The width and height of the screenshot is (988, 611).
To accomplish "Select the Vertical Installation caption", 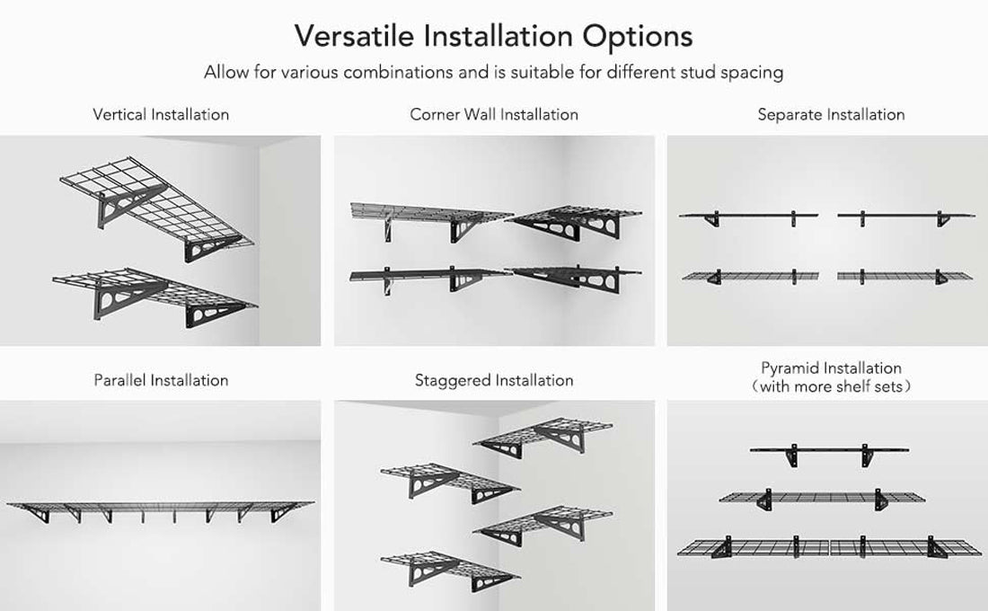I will click(161, 115).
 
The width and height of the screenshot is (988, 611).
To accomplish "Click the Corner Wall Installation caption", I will click(494, 115).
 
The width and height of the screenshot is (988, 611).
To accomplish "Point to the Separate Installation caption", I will click(831, 115).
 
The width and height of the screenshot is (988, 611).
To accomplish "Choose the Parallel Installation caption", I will click(161, 380).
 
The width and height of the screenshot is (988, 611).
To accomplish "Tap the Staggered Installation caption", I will click(494, 380).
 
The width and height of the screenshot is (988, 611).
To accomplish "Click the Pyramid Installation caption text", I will click(831, 368).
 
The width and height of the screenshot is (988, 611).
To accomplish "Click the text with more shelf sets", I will click(831, 387).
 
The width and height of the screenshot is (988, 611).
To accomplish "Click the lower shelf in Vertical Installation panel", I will click(153, 292).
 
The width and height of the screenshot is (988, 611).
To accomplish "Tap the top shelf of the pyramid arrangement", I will click(829, 449).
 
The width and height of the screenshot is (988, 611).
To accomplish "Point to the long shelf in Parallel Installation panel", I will click(160, 508).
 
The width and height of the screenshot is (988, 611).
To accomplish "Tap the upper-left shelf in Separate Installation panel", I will click(750, 216).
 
